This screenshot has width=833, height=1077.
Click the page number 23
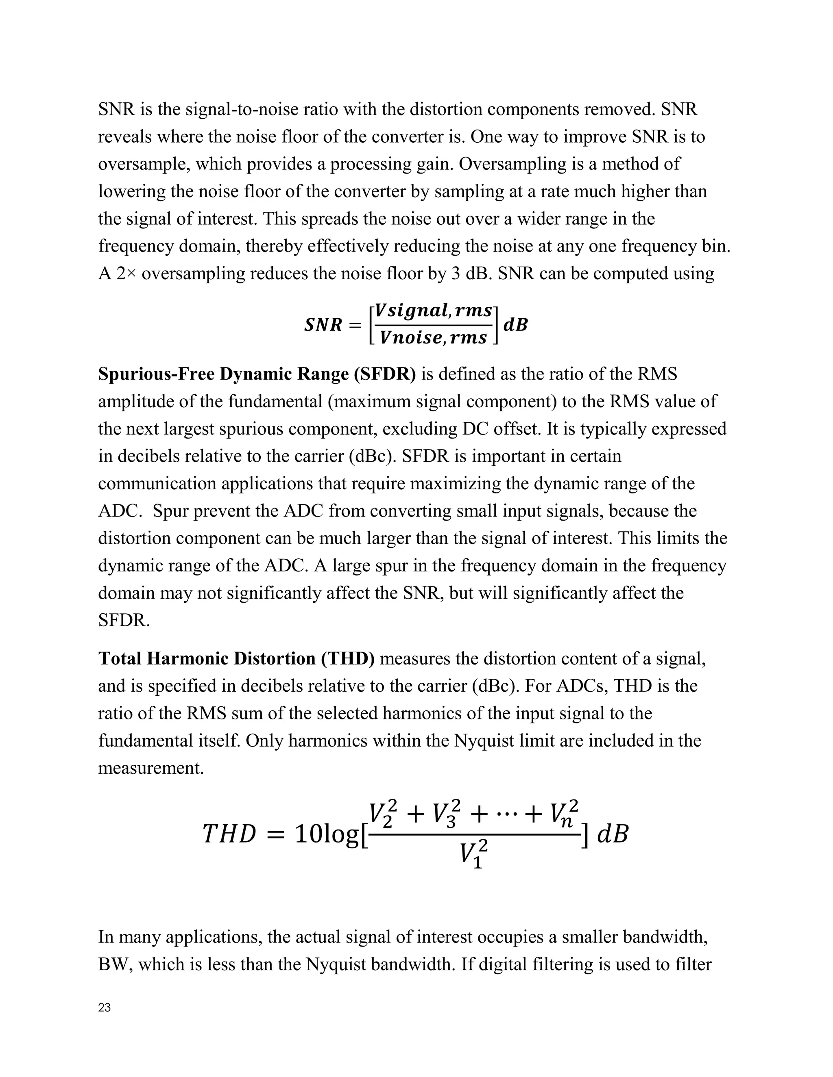click(x=104, y=1008)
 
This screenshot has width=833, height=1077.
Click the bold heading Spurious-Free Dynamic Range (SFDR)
click(x=257, y=374)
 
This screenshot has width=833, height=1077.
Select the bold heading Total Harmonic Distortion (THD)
click(x=236, y=659)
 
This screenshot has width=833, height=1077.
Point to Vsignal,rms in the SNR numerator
click(x=433, y=310)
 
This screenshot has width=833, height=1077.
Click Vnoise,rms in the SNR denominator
click(x=433, y=338)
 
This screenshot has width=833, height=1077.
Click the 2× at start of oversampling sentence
click(x=127, y=274)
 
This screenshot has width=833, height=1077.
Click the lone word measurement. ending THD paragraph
click(x=150, y=768)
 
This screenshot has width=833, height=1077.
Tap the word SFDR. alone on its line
click(x=123, y=620)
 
